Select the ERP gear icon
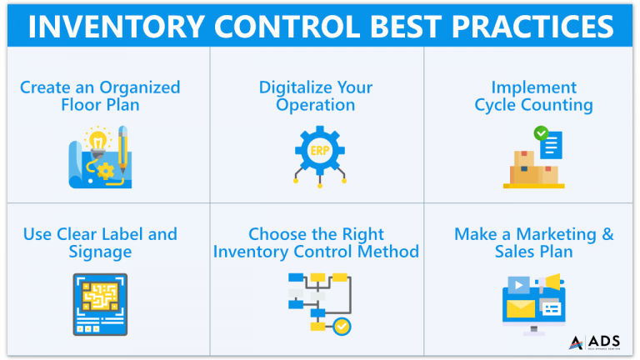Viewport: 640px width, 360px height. [318, 152]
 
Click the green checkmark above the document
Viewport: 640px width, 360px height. [541, 132]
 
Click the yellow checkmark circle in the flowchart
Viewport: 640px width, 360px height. [342, 326]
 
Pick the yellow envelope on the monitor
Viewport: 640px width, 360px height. [521, 310]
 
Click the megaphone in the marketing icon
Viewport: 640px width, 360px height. [551, 284]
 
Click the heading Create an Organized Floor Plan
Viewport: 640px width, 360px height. [99, 96]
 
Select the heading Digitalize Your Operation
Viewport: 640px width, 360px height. [317, 96]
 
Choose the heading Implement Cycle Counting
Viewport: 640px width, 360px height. [533, 96]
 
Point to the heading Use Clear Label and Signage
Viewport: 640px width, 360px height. [99, 242]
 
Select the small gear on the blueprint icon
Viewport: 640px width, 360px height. [105, 171]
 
